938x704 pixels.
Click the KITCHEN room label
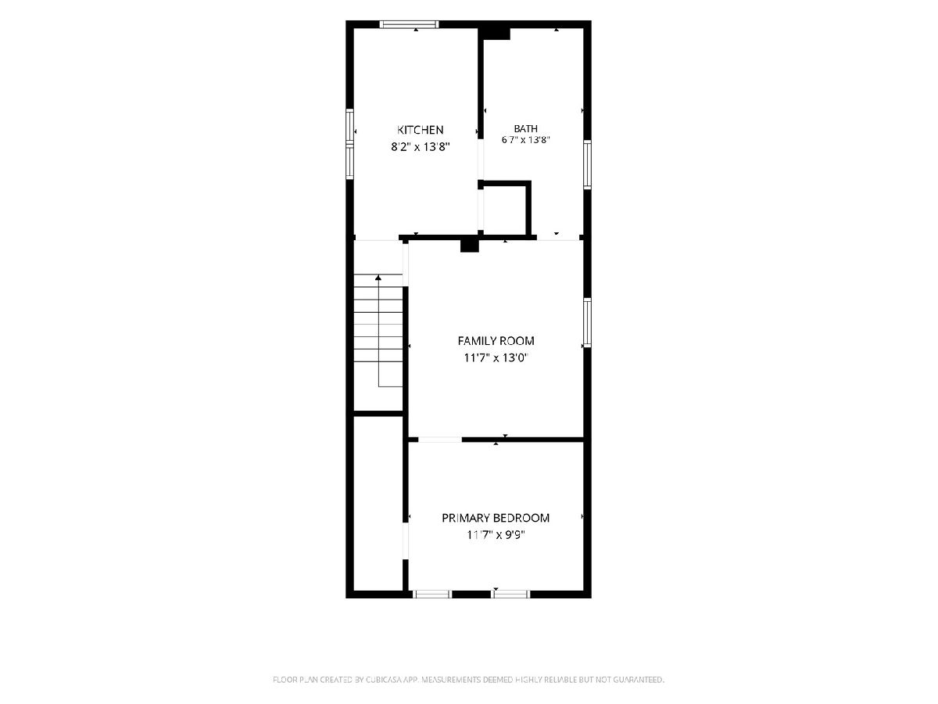click(x=420, y=130)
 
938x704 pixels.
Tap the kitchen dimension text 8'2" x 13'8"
click(x=421, y=147)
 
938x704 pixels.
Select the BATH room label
click(x=525, y=128)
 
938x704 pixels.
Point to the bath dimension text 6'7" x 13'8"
click(x=525, y=140)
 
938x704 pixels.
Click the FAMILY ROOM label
click(x=496, y=341)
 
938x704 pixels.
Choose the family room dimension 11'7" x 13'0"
click(x=496, y=357)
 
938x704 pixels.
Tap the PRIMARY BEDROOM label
click(x=496, y=518)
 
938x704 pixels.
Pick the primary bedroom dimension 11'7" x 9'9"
click(x=496, y=535)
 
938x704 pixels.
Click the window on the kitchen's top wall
click(x=410, y=24)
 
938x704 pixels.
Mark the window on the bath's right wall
click(x=588, y=164)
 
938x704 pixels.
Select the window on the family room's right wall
click(x=588, y=322)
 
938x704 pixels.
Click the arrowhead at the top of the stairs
click(x=378, y=278)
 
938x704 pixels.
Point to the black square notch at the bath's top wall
click(x=495, y=34)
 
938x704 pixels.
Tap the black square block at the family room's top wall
click(x=469, y=246)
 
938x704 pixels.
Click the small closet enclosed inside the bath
click(x=505, y=210)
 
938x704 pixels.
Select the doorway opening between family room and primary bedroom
click(x=440, y=440)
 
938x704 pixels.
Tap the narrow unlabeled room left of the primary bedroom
click(x=378, y=504)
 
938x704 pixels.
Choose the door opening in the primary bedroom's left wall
click(x=406, y=541)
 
